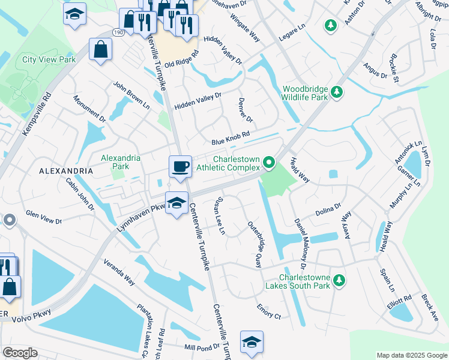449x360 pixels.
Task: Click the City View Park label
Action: (x=49, y=59)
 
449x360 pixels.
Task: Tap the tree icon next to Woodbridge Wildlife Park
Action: (x=337, y=92)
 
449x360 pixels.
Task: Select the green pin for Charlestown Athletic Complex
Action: (x=270, y=162)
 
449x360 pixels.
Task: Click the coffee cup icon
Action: (x=179, y=166)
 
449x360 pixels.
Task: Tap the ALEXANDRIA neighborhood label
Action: (x=66, y=171)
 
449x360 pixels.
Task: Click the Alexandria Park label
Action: (x=121, y=162)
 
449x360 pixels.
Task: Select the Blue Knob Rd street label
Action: (x=230, y=138)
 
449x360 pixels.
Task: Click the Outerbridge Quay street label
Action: (x=255, y=244)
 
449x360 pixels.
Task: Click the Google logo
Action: (x=20, y=353)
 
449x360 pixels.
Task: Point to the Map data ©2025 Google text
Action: (x=411, y=355)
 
